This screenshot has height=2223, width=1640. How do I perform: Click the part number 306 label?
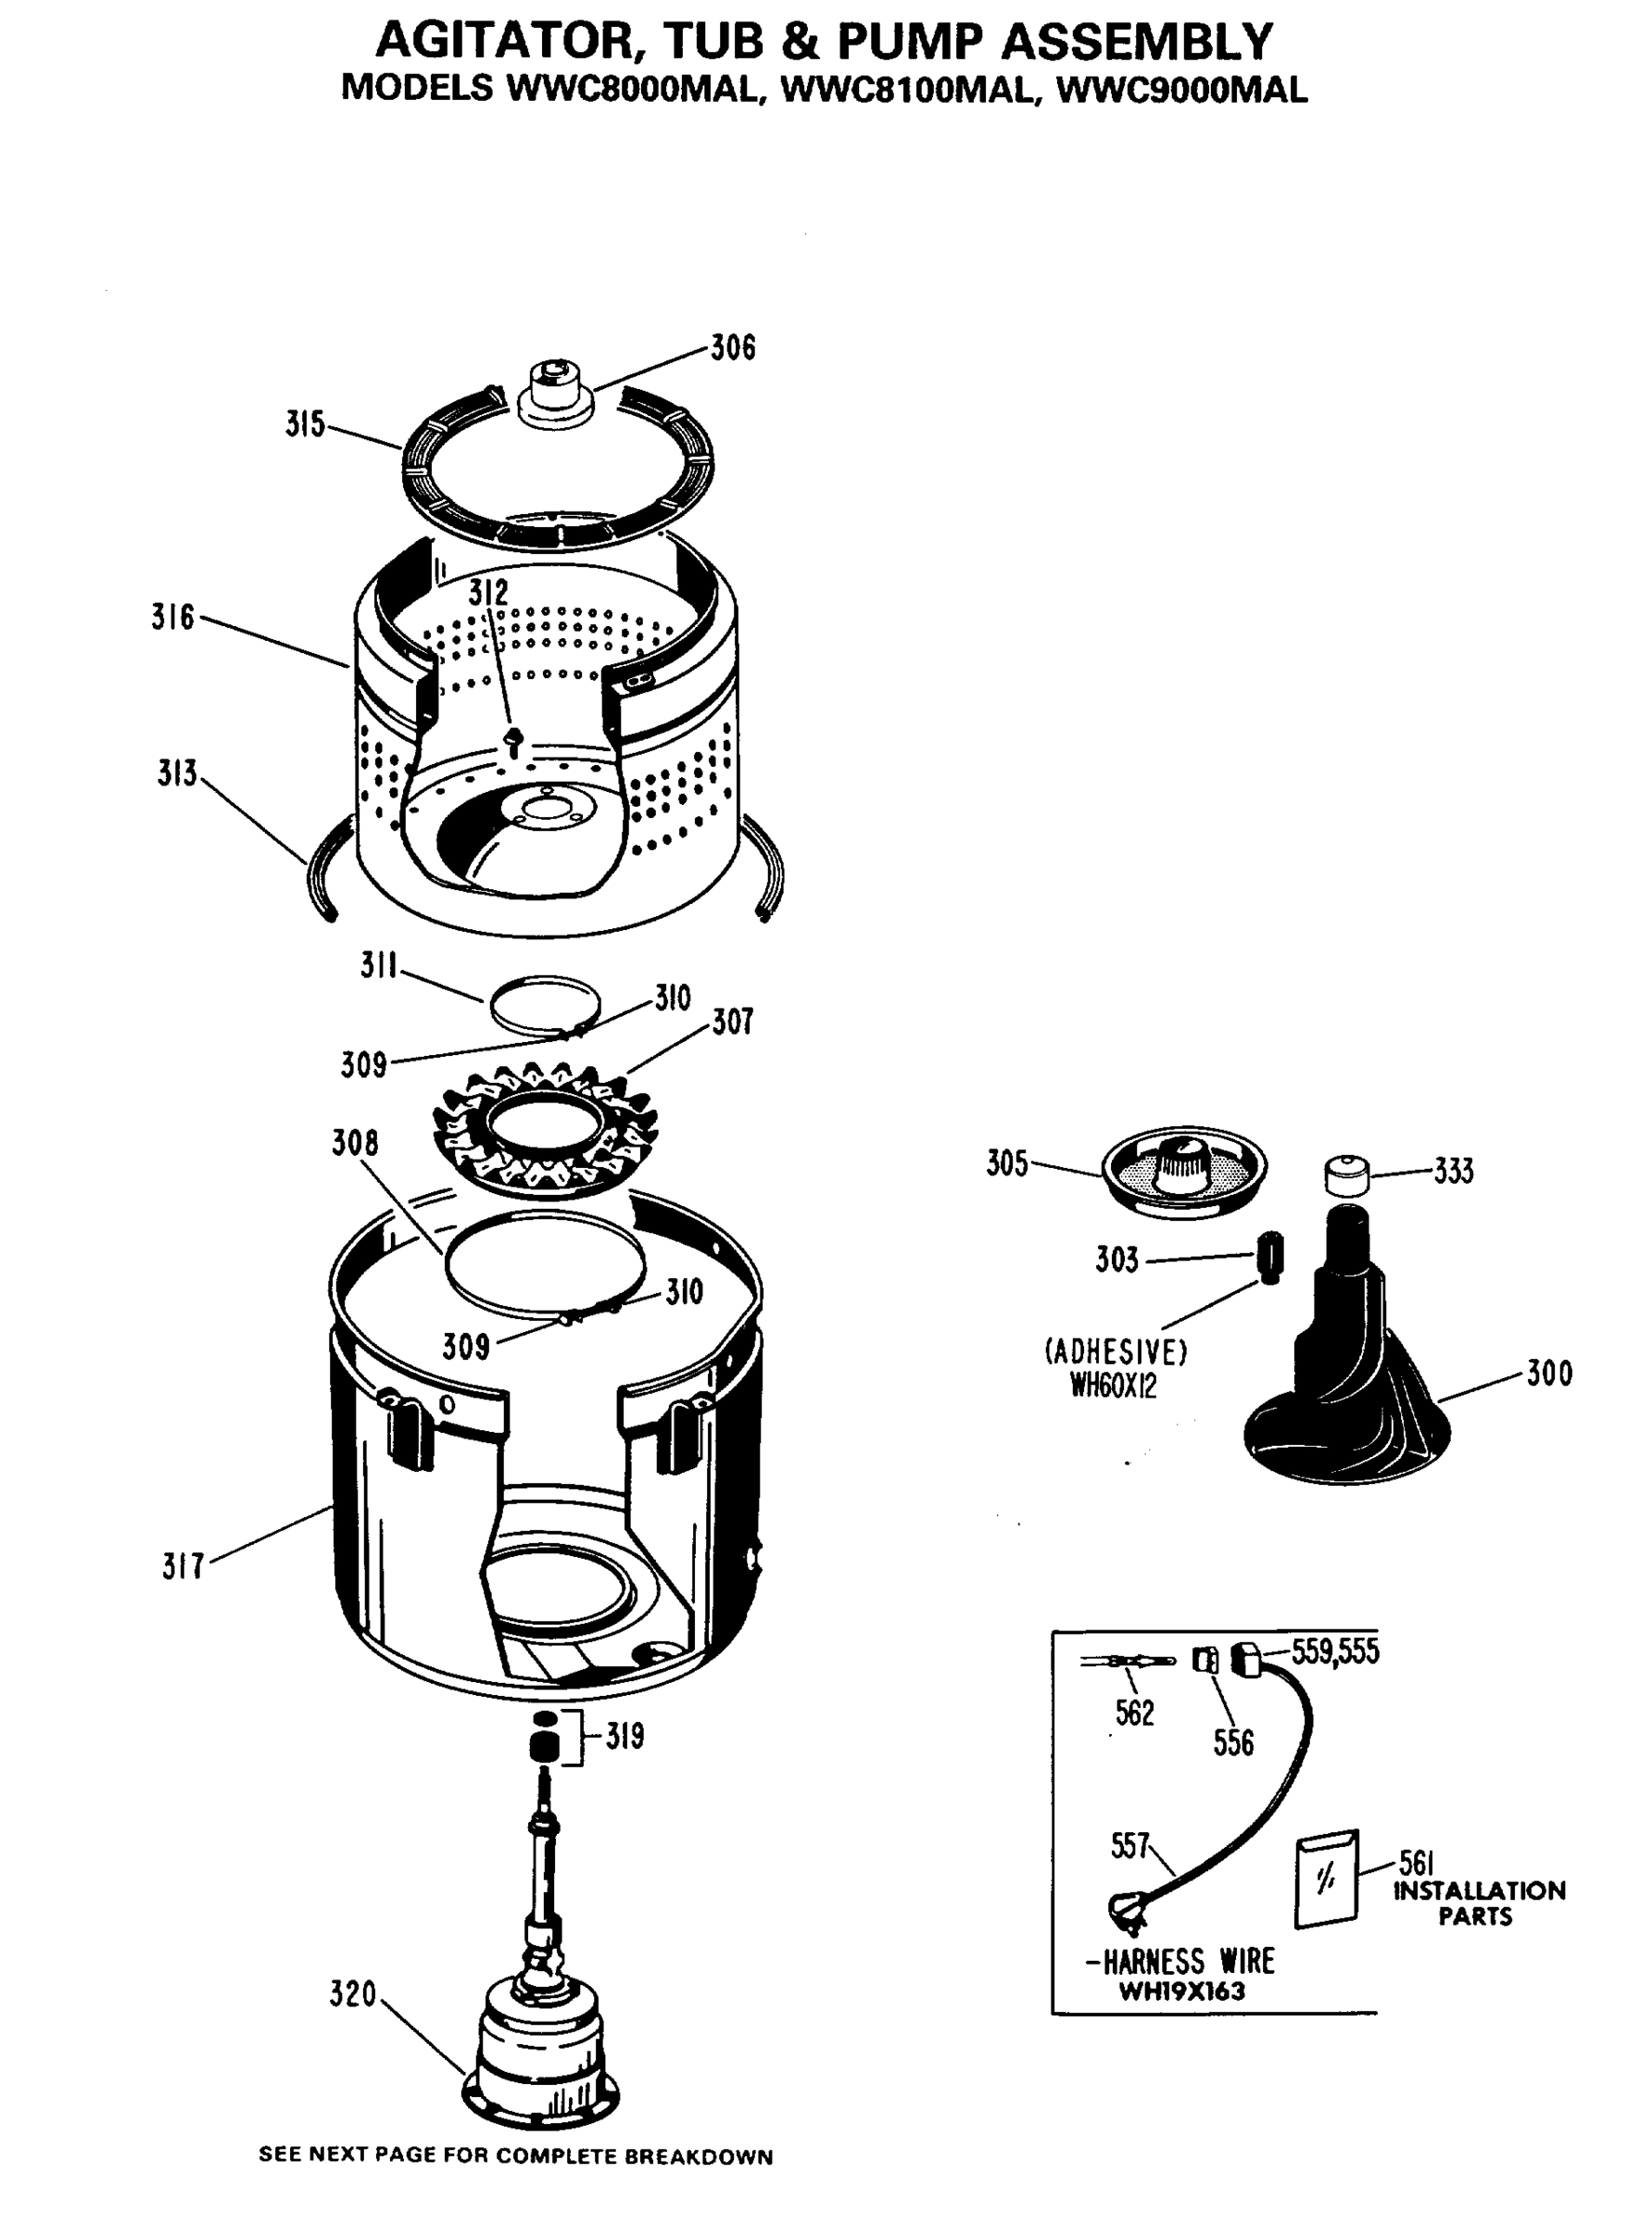click(733, 348)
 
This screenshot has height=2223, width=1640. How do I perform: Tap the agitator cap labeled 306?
click(555, 394)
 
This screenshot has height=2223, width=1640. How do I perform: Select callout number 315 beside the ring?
click(305, 425)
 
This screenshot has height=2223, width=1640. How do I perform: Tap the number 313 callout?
click(177, 773)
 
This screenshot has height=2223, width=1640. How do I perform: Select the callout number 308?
click(354, 1143)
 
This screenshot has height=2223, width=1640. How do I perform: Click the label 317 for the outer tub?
click(183, 1567)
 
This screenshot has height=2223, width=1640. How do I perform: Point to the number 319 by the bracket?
click(624, 1736)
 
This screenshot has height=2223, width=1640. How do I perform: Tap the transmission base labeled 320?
click(542, 2044)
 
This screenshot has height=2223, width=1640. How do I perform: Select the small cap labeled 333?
click(1347, 1175)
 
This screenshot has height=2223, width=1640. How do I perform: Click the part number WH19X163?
click(1181, 1991)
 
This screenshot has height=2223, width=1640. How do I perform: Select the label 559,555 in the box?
click(1335, 1652)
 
